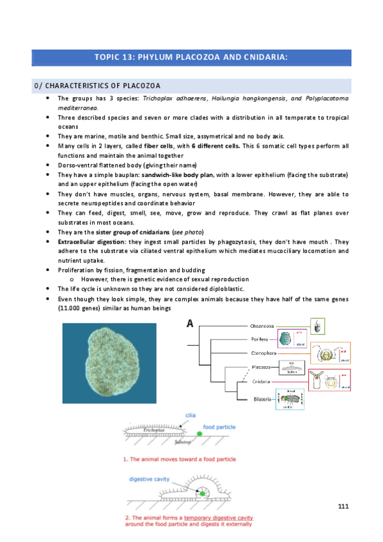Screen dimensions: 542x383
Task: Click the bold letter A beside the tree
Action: point(190,323)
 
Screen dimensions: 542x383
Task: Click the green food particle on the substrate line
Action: point(199,434)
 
